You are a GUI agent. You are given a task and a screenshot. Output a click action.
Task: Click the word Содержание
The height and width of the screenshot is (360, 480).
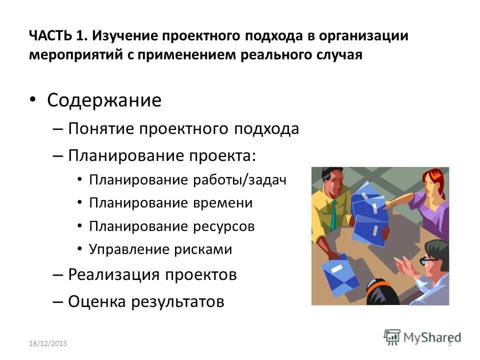(104, 100)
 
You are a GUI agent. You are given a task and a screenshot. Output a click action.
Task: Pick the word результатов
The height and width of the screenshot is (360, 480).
(178, 301)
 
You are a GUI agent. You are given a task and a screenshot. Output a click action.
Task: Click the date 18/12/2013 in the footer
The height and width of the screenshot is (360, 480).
(47, 343)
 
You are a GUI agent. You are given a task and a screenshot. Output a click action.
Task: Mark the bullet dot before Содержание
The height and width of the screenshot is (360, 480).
(33, 100)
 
